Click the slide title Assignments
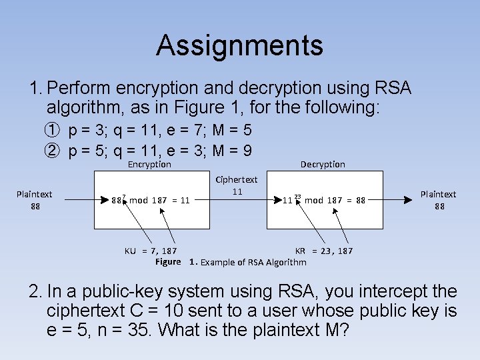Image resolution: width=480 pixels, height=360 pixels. tap(240, 45)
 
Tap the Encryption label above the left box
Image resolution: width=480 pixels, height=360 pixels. tap(149, 165)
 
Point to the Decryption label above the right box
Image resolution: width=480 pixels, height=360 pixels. tap(323, 165)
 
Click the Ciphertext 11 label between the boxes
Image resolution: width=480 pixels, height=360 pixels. tap(237, 185)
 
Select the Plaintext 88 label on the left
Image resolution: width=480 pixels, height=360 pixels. tap(35, 200)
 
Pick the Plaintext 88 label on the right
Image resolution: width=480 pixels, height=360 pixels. tap(438, 200)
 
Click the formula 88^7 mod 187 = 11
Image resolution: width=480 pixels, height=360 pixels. tap(151, 199)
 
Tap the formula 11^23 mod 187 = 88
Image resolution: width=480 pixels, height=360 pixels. tap(324, 199)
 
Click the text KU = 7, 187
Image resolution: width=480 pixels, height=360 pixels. tap(151, 251)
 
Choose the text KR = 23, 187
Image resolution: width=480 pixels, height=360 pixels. tap(324, 251)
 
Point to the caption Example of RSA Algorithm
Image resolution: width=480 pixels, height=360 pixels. tap(253, 262)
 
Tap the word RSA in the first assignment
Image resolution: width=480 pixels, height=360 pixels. tap(392, 88)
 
